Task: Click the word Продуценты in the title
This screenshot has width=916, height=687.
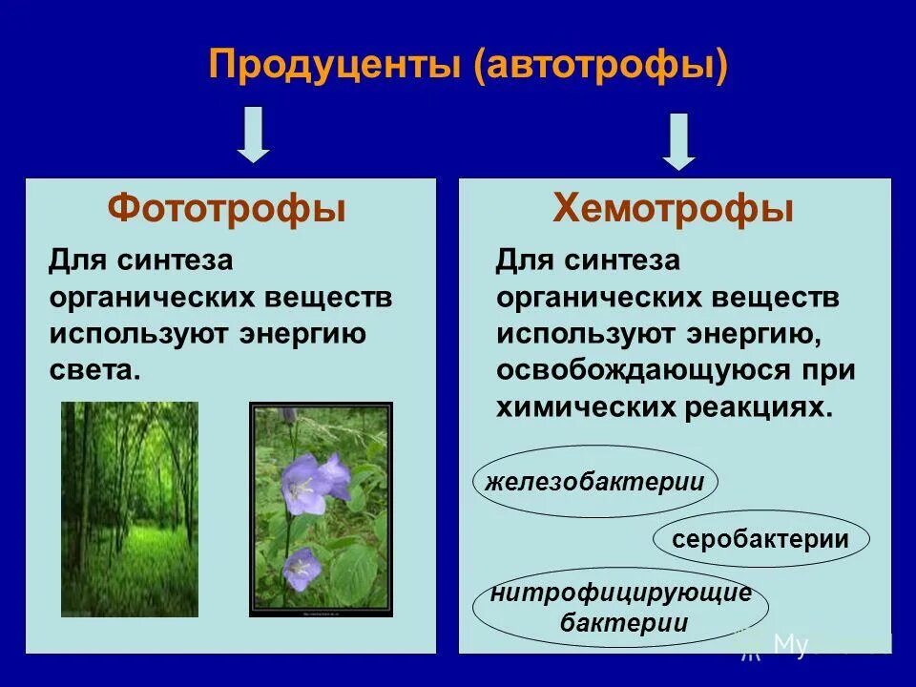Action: tap(335, 67)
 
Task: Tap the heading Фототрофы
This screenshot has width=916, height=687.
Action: tap(227, 208)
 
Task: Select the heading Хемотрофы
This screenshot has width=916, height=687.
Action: tap(674, 208)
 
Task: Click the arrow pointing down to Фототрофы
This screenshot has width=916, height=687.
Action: tap(254, 135)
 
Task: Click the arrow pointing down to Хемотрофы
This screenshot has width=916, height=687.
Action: tap(678, 140)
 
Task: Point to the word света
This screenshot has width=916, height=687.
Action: tap(94, 370)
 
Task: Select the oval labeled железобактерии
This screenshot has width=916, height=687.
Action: tap(594, 482)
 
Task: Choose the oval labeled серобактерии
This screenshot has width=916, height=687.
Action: tap(760, 539)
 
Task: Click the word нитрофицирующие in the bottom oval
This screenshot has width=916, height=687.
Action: tap(621, 593)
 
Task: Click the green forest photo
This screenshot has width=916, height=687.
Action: tap(130, 509)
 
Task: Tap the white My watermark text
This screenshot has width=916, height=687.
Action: tap(790, 645)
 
